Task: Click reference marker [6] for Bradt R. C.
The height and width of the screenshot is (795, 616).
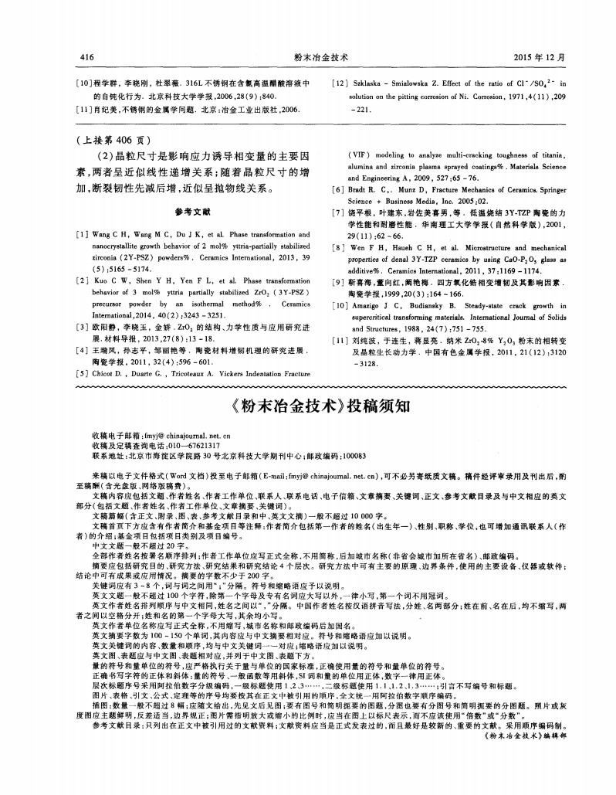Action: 337,189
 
